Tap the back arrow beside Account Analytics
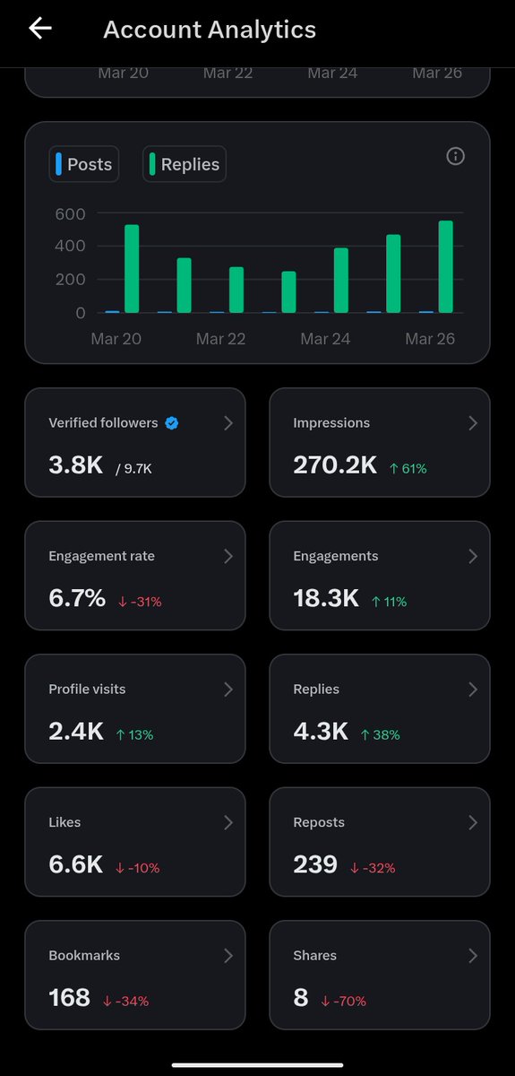point(40,29)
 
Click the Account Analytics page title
point(210,30)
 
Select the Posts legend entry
point(84,164)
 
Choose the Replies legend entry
point(185,164)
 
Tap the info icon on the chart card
point(455,157)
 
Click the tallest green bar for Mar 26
point(445,267)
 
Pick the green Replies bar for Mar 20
point(132,269)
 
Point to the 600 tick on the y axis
point(69,213)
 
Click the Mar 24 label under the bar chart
point(325,339)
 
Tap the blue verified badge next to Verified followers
point(172,423)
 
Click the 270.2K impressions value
point(335,464)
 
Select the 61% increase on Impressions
point(408,468)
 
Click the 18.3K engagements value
point(327,598)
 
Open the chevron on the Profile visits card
point(228,690)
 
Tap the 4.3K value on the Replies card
point(321,732)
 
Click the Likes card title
point(64,822)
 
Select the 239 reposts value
point(315,864)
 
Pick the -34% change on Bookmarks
point(125,1001)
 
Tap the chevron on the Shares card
point(473,956)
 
